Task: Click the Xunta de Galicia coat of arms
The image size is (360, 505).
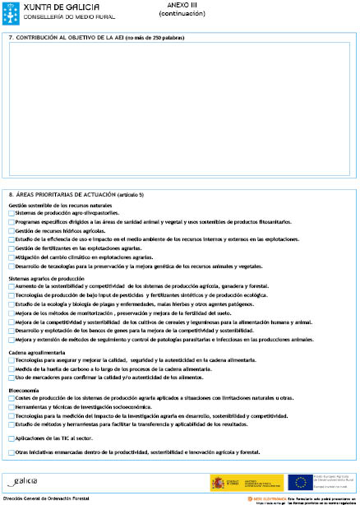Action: tap(10, 12)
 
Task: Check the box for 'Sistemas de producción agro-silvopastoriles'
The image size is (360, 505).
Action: tap(12, 213)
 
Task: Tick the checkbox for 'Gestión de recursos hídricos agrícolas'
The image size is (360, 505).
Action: tap(12, 231)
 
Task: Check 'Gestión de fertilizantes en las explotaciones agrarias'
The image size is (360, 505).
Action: tap(12, 248)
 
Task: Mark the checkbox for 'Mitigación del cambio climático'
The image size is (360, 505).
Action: tap(12, 257)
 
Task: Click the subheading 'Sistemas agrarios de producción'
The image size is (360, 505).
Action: tap(47, 278)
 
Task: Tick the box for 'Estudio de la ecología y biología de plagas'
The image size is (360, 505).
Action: tap(12, 304)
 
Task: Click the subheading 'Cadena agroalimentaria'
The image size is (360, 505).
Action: tap(37, 352)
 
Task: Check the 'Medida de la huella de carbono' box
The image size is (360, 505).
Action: tap(12, 369)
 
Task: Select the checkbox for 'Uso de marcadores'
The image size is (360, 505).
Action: tap(12, 378)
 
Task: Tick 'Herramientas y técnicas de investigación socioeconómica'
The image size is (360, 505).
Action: tap(12, 407)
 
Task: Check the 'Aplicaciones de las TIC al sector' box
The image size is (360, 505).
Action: tap(12, 439)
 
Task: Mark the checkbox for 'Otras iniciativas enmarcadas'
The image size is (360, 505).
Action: tap(12, 452)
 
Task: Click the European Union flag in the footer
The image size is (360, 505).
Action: tap(297, 482)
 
